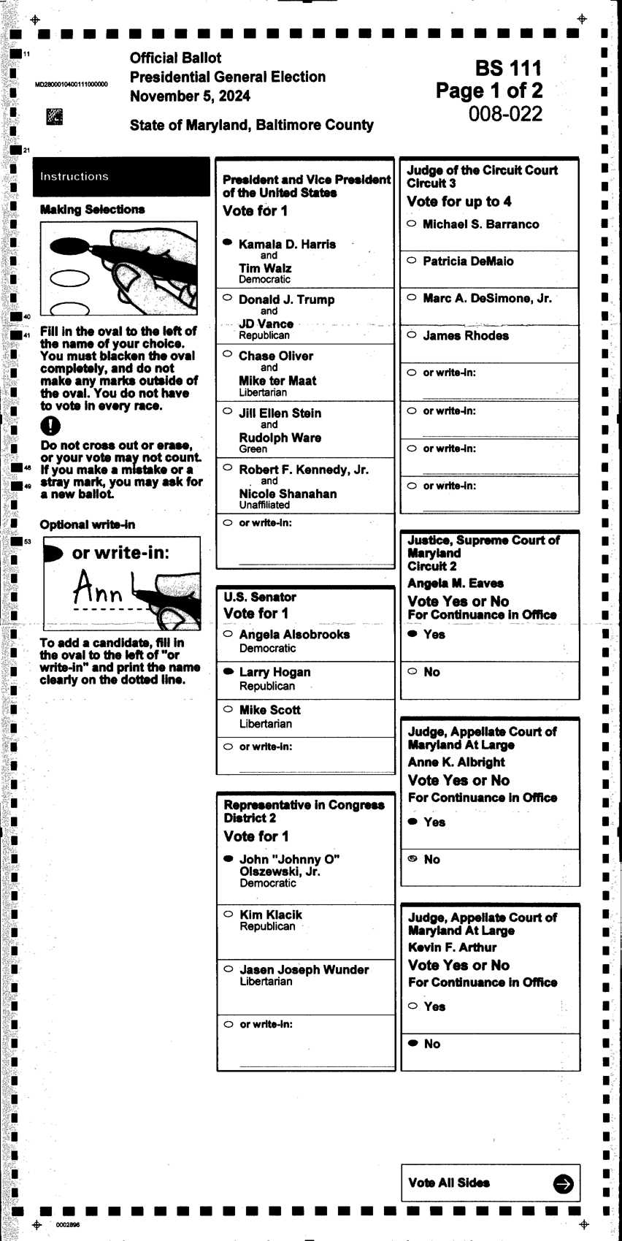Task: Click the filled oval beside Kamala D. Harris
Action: pos(227,242)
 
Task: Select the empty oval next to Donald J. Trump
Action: pos(227,298)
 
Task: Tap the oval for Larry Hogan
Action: pos(229,671)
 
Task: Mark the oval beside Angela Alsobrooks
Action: pos(229,633)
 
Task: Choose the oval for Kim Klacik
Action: pos(229,914)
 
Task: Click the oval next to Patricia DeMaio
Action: pos(412,260)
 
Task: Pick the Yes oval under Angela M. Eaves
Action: pos(412,633)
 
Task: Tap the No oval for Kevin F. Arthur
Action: pos(412,1043)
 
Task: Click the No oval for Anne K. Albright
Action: pos(412,859)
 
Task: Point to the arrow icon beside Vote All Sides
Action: pos(563,1184)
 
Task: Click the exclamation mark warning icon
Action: pos(50,426)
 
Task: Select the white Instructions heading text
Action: pos(74,177)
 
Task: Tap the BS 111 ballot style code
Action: pos(508,69)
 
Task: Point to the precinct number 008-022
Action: pos(505,114)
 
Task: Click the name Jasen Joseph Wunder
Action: pos(304,969)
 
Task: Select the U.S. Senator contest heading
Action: pos(260,597)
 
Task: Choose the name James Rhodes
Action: pos(466,335)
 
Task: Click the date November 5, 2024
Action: pos(190,96)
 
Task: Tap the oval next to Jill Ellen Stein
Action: pos(227,411)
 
